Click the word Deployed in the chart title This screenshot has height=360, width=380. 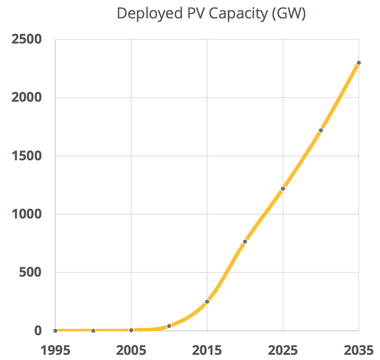coord(148,14)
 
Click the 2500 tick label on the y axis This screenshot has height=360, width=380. coord(26,39)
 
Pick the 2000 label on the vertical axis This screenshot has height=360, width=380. coord(26,97)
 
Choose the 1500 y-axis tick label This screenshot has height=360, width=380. coord(26,156)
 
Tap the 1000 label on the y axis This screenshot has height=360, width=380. coord(26,214)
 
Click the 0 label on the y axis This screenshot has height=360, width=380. coord(38,331)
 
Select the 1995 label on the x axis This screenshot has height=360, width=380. coord(55,349)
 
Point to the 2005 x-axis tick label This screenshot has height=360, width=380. coord(131,349)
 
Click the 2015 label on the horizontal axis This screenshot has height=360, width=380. coord(207,349)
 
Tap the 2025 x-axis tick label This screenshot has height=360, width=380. coord(283,349)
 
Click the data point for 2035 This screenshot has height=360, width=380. coord(359,63)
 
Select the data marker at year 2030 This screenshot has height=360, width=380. coord(321,130)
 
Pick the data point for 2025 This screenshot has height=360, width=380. coord(283,189)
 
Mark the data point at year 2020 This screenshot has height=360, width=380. coord(245,242)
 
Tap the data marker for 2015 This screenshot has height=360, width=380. coord(207,302)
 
